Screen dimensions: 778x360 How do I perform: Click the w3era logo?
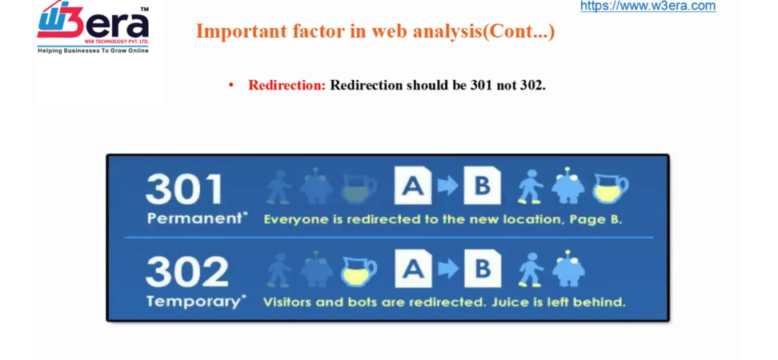click(x=94, y=27)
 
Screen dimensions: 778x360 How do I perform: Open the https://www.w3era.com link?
click(x=648, y=6)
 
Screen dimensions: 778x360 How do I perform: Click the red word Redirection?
click(x=287, y=86)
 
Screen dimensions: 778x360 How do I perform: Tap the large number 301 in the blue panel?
click(x=184, y=189)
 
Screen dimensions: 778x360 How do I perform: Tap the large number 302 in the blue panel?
click(x=186, y=272)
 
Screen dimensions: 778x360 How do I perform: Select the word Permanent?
click(x=196, y=218)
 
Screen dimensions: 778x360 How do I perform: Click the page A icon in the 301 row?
click(x=413, y=186)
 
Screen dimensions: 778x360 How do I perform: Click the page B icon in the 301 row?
click(x=483, y=186)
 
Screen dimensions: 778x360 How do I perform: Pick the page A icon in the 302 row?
click(x=413, y=270)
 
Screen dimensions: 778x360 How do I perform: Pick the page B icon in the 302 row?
click(x=483, y=270)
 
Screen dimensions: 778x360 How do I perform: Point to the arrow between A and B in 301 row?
click(x=447, y=186)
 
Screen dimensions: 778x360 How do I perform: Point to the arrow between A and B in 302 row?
click(x=448, y=270)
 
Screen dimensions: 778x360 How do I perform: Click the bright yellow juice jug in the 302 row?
click(x=359, y=272)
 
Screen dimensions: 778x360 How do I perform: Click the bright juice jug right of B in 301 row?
click(x=611, y=189)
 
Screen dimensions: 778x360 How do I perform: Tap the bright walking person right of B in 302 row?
click(x=531, y=270)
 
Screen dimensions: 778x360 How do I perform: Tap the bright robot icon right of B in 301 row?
click(x=568, y=186)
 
